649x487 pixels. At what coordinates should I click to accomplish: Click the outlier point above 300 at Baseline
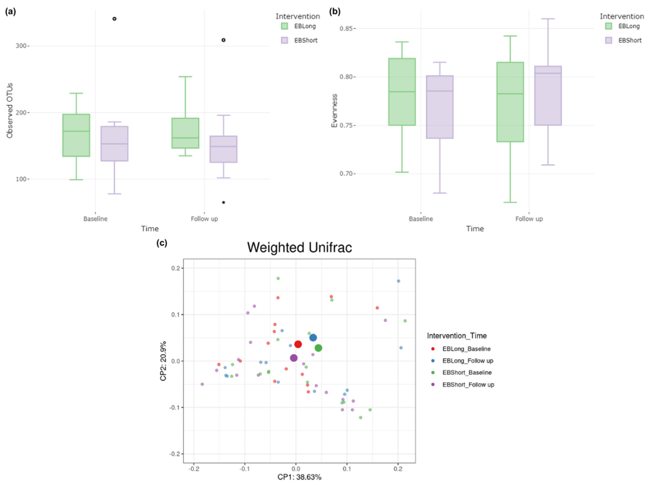click(114, 19)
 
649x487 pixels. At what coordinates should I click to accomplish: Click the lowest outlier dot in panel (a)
click(224, 202)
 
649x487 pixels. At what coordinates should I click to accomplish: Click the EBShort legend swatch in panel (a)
click(284, 40)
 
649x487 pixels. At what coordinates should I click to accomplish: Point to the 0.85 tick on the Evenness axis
click(346, 28)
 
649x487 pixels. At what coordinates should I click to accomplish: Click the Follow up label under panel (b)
click(529, 219)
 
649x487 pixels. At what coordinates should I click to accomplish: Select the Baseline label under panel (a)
click(95, 219)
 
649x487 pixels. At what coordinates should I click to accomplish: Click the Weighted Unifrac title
click(299, 247)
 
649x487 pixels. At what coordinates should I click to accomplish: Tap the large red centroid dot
click(298, 344)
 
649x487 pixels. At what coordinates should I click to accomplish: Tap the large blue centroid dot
click(313, 338)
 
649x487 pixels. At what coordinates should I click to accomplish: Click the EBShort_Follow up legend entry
click(468, 384)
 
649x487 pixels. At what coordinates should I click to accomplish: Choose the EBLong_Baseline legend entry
click(466, 349)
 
